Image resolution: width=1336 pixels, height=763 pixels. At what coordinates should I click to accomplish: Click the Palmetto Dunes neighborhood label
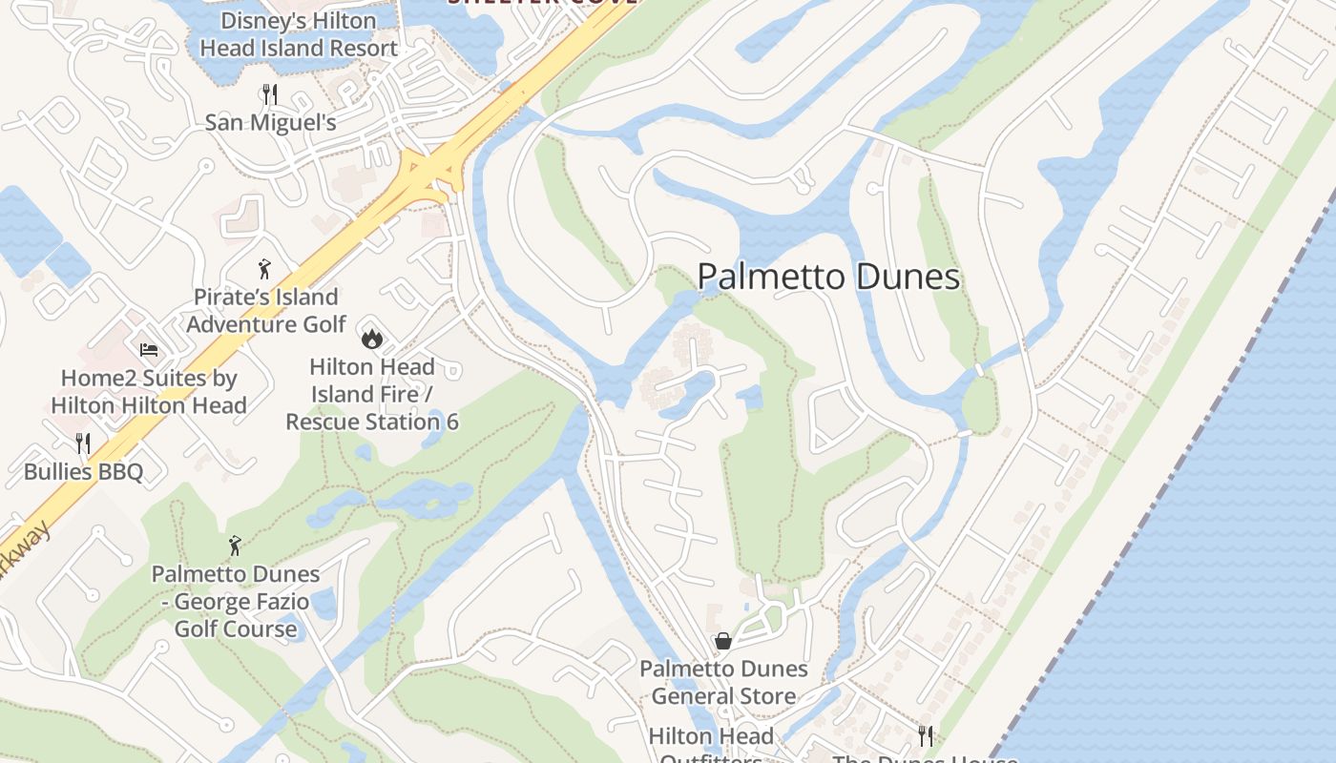[x=828, y=277]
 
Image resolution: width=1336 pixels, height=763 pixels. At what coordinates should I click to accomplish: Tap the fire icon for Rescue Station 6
[x=370, y=338]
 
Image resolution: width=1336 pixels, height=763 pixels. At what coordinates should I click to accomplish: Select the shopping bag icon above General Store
[x=723, y=641]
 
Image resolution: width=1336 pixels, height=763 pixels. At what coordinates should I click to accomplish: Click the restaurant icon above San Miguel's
[x=270, y=93]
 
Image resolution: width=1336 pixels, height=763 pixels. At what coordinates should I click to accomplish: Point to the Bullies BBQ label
[x=83, y=472]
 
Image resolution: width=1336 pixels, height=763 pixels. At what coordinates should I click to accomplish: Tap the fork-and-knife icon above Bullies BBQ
[x=83, y=443]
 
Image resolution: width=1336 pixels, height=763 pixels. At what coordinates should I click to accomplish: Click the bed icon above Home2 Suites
[x=148, y=350]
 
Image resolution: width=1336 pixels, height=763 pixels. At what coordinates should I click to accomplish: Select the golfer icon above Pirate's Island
[x=264, y=269]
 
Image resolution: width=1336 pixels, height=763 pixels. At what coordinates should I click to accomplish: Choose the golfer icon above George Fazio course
[x=235, y=546]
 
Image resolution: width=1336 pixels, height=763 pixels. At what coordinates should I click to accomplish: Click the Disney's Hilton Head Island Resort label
[x=297, y=34]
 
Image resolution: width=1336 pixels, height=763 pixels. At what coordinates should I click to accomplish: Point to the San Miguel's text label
[x=271, y=123]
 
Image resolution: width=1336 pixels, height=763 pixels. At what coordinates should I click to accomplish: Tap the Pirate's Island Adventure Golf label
[x=266, y=311]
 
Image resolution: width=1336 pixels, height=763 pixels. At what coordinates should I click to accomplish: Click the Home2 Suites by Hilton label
[x=149, y=391]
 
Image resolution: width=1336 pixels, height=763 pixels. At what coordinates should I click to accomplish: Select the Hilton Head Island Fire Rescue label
[x=372, y=394]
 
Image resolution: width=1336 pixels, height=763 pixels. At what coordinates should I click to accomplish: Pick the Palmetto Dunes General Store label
[x=723, y=683]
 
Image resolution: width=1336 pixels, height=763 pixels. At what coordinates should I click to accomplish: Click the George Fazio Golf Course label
[x=236, y=602]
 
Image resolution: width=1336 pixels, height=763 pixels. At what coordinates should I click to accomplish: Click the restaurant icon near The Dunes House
[x=925, y=734]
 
